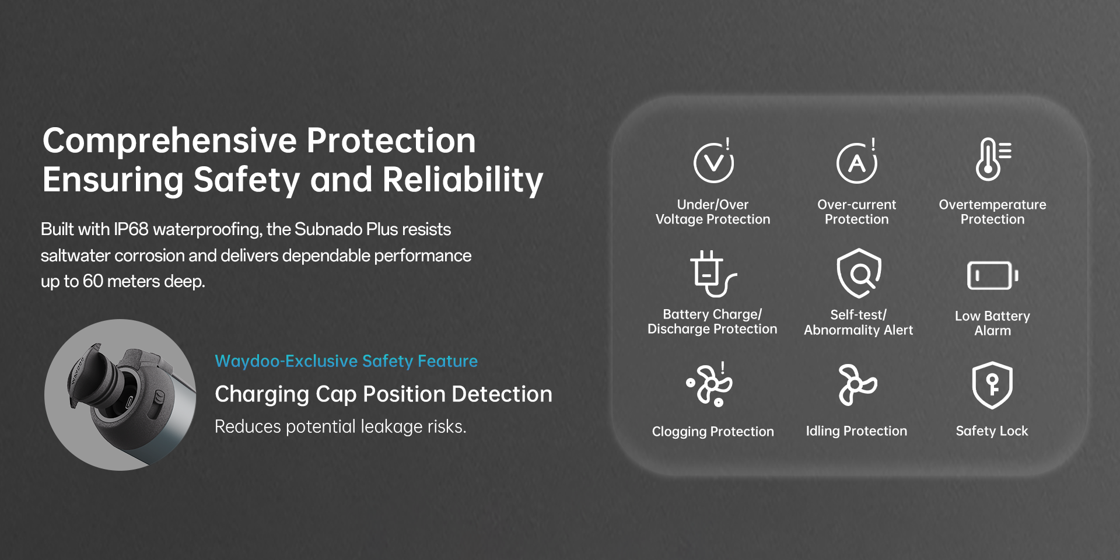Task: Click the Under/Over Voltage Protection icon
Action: tap(713, 160)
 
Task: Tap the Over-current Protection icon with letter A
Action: tap(856, 160)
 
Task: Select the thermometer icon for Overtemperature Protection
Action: tap(993, 159)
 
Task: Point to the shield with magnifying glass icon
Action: tap(859, 273)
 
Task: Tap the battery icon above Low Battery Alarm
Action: tap(992, 275)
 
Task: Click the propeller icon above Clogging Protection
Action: tap(709, 384)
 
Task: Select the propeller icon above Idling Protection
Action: tap(857, 384)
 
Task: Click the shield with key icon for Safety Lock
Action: tap(992, 385)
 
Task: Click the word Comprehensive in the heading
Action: tap(170, 142)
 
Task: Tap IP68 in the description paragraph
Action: tap(131, 229)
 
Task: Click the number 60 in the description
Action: tap(93, 281)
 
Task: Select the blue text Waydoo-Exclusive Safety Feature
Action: tap(346, 361)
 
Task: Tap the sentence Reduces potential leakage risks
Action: tap(341, 426)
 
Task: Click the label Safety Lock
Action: tap(992, 431)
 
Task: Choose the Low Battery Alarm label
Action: tap(992, 323)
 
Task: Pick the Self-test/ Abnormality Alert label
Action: tap(858, 322)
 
